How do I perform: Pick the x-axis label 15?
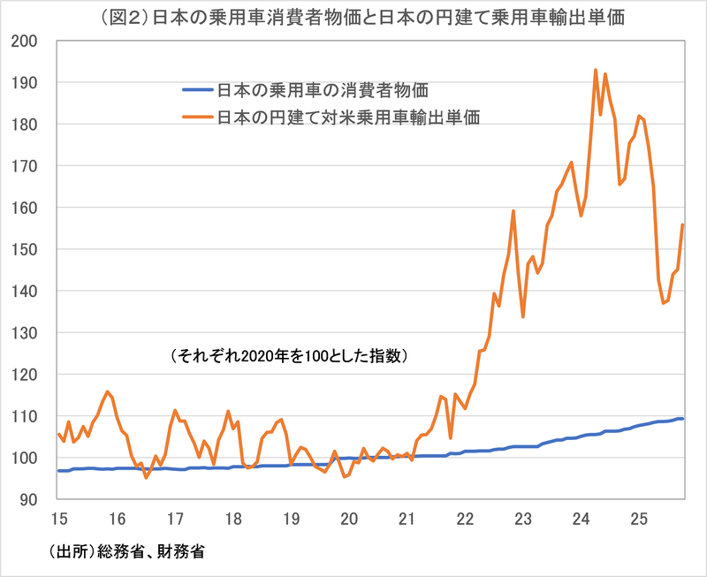pos(58,518)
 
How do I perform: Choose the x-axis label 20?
pos(348,518)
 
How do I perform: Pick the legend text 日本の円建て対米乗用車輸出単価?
pos(348,117)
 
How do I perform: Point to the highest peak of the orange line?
pos(596,70)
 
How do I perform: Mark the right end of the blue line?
pos(682,418)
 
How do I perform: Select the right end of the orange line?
pos(682,225)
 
